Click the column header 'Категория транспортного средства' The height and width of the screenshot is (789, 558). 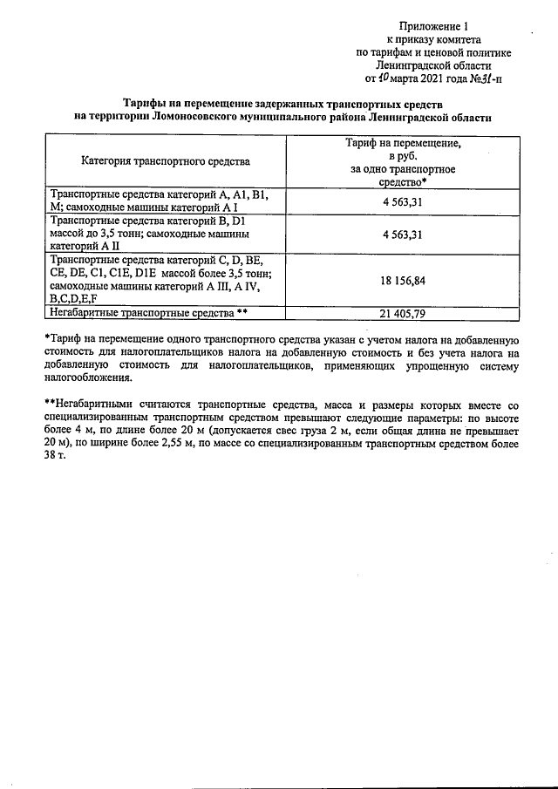tap(166, 161)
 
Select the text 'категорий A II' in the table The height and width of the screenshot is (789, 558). tap(86, 246)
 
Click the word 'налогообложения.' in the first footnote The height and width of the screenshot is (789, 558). tap(89, 378)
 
